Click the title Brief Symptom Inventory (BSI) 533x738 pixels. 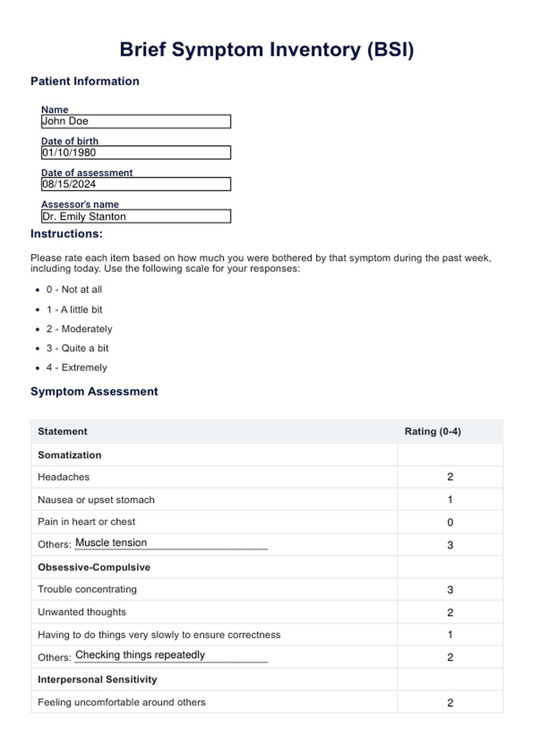click(266, 49)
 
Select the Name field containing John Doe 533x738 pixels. click(136, 121)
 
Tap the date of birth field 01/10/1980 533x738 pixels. click(136, 153)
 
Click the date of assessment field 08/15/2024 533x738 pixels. click(136, 184)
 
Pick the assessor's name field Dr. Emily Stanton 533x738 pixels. click(136, 216)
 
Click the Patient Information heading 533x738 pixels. click(85, 81)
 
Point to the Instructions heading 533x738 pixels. click(67, 234)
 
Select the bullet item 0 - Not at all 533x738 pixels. click(74, 289)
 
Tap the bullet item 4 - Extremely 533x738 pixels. click(76, 367)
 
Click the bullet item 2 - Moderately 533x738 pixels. click(79, 329)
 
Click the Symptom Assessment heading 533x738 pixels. click(94, 391)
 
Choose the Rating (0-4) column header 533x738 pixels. click(432, 431)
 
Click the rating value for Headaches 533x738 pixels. click(450, 477)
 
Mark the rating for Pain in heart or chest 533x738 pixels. click(450, 522)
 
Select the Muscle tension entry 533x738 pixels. click(111, 542)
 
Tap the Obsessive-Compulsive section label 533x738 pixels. click(94, 567)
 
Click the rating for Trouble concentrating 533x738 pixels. click(450, 589)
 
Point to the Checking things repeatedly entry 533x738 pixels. click(140, 655)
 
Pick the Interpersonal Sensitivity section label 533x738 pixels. click(97, 679)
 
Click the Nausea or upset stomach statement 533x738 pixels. click(96, 499)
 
